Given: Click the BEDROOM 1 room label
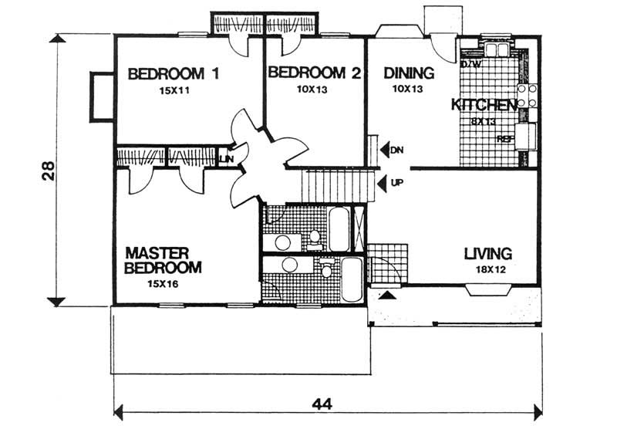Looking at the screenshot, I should pyautogui.click(x=174, y=74).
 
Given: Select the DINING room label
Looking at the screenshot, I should pyautogui.click(x=409, y=73).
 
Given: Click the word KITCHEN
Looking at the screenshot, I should pyautogui.click(x=484, y=105).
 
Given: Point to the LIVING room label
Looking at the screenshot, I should pyautogui.click(x=488, y=253).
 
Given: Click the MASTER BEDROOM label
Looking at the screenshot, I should pyautogui.click(x=164, y=260).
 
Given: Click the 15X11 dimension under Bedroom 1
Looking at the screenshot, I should pyautogui.click(x=174, y=91).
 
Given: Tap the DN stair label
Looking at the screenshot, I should pyautogui.click(x=397, y=150).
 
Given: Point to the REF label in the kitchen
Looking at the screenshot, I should pyautogui.click(x=505, y=140).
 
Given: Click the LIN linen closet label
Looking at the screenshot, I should pyautogui.click(x=227, y=159).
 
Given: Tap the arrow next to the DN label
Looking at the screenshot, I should pyautogui.click(x=383, y=149).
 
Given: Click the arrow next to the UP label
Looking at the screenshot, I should pyautogui.click(x=383, y=184).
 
